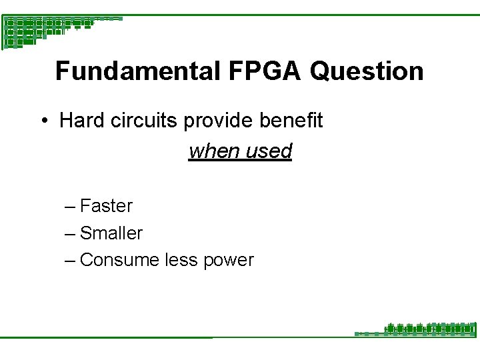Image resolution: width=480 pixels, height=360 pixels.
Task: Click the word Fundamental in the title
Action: click(x=137, y=71)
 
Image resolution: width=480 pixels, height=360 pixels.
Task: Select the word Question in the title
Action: click(x=367, y=71)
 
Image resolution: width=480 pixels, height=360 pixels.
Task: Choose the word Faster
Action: click(x=106, y=206)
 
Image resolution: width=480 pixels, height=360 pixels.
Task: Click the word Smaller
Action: click(x=111, y=233)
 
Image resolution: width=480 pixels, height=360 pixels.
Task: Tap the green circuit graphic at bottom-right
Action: click(x=427, y=329)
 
